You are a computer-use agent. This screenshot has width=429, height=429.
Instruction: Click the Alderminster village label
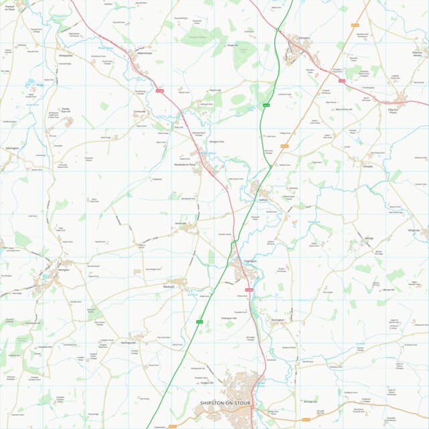145,52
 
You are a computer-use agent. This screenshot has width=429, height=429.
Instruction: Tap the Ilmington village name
63,269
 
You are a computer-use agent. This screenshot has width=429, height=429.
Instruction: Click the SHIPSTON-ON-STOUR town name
225,403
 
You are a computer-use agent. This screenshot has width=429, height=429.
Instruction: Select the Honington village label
278,320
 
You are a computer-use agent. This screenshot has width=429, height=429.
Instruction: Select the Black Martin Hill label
343,109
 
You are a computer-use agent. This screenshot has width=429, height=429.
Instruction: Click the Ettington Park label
217,142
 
